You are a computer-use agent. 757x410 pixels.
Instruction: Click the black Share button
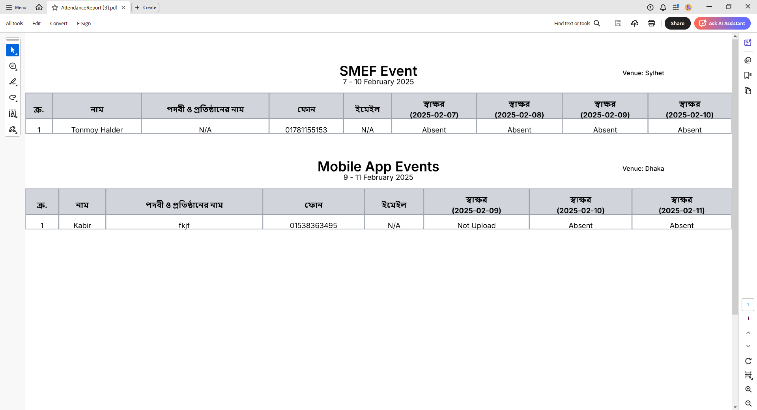tap(677, 23)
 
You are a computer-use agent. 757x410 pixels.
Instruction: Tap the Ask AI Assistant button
tap(722, 23)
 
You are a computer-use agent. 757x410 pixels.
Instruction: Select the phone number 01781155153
tap(306, 130)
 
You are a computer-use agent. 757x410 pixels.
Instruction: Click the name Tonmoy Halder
tap(97, 130)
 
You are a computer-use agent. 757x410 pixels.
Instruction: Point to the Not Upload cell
tap(476, 225)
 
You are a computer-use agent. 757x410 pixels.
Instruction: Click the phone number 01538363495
tap(313, 225)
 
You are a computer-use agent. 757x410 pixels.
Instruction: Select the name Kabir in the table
tap(82, 225)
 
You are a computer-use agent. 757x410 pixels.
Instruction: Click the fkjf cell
tap(184, 225)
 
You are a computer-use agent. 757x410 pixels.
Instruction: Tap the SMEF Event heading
tap(378, 71)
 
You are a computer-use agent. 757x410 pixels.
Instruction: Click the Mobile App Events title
tap(378, 166)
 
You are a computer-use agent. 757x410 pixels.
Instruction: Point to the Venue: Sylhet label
tap(643, 73)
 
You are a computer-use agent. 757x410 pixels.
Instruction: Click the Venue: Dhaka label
tap(643, 168)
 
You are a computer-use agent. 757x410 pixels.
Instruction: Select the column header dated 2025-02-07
tap(434, 109)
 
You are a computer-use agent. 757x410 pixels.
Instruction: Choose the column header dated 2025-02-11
tap(681, 205)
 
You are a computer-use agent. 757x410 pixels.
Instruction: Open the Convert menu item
tap(59, 23)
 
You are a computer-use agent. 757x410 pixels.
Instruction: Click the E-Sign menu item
tap(84, 23)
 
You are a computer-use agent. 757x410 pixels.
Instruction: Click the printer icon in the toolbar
tap(651, 23)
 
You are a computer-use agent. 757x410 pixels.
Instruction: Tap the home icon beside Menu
tap(39, 7)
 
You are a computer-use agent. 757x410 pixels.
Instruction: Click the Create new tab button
tap(145, 7)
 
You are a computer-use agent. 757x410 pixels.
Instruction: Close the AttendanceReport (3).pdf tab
tap(123, 7)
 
